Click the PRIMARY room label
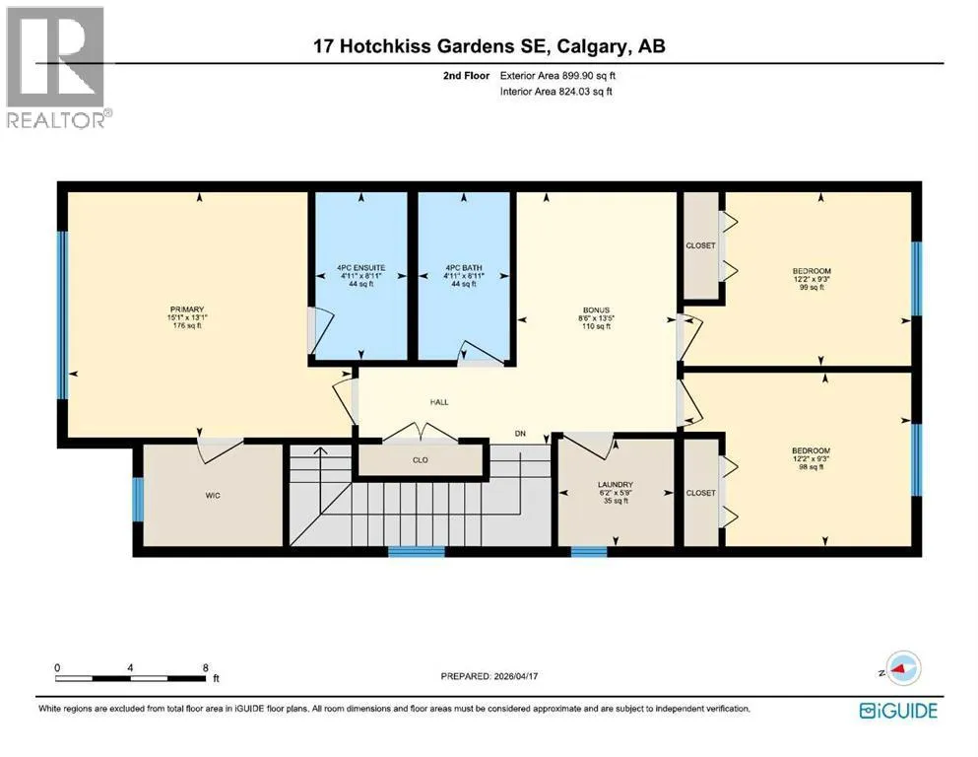[187, 310]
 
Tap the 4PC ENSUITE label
[361, 268]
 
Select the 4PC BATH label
[464, 268]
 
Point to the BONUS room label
[596, 310]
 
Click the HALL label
[439, 402]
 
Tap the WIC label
[213, 496]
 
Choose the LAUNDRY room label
[615, 485]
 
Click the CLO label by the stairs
[421, 460]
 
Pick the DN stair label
[520, 433]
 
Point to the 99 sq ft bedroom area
[813, 288]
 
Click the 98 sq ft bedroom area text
[812, 467]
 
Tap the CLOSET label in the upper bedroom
[700, 245]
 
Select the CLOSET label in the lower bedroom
[700, 493]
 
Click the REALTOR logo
[56, 67]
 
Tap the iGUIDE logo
[898, 711]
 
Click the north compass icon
[902, 668]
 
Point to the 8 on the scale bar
[205, 667]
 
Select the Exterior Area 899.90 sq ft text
[557, 76]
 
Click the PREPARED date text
[489, 676]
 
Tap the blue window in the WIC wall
[138, 499]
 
